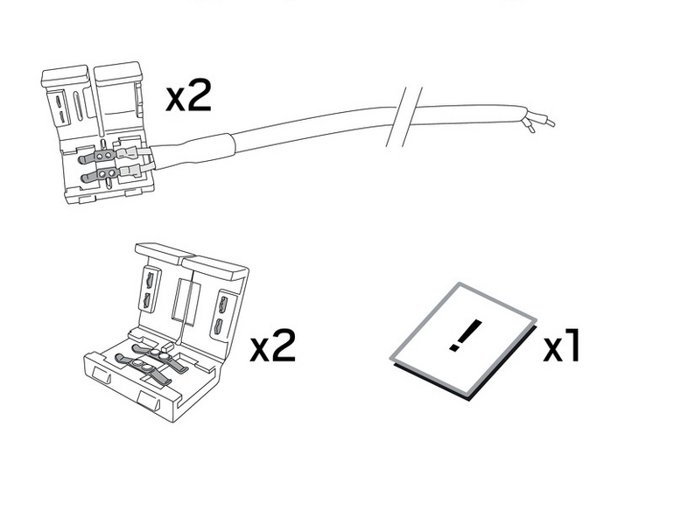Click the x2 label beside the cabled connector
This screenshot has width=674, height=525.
pos(189,95)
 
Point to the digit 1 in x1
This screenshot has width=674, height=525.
pos(573,345)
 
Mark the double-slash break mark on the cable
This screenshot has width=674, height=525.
pos(404,116)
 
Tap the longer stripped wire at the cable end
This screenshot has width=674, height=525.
pos(541,119)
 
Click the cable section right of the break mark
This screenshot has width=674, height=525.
pos(468,115)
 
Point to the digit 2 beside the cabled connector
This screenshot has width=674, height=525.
pos(200,95)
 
